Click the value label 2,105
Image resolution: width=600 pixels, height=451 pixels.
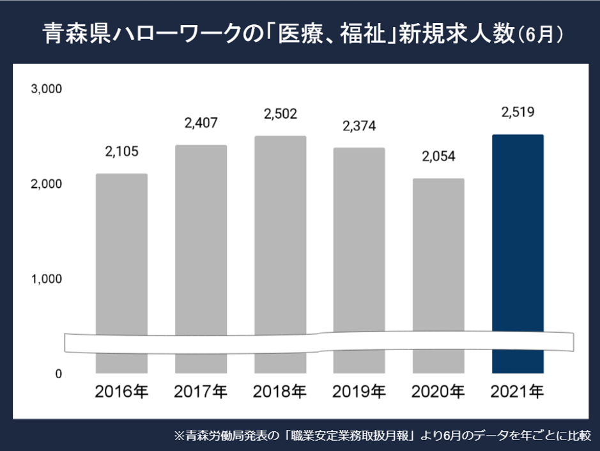121,152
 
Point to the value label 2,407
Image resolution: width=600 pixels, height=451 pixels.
201,123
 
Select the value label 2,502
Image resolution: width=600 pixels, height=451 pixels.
280,114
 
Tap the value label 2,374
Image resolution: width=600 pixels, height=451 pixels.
359,126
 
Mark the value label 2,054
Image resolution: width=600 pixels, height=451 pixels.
438,157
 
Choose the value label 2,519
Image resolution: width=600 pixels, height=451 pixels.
518,113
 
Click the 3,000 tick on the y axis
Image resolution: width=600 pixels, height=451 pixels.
47,89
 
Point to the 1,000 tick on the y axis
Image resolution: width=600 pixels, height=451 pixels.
47,279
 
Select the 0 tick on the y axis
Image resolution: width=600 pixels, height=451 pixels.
58,374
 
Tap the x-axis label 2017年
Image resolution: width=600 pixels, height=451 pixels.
201,392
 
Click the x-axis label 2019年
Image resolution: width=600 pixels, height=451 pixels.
359,392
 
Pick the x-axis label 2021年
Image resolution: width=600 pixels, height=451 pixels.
518,392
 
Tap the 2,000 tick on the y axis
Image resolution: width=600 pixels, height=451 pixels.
47,184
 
